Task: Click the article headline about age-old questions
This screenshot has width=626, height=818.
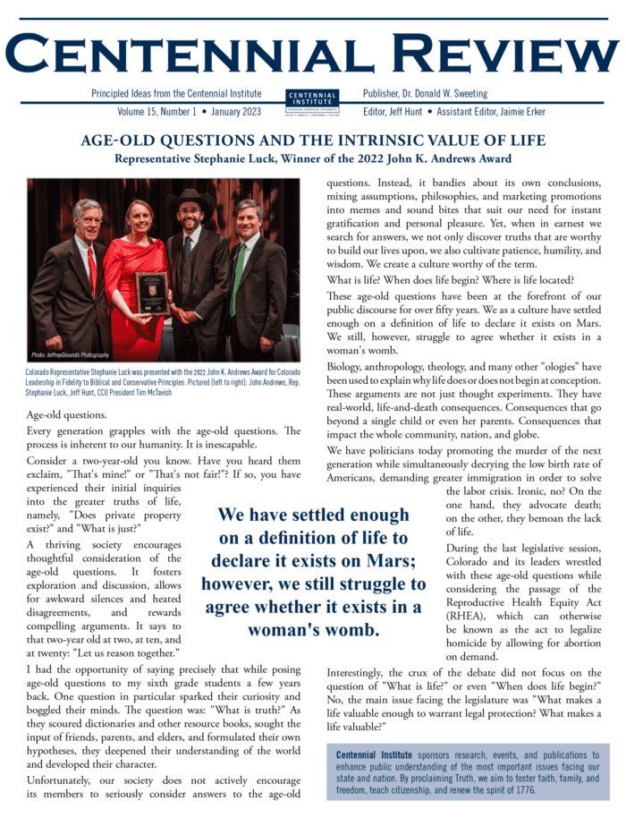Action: [x=312, y=141]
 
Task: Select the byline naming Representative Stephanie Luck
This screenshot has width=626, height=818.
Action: [x=312, y=158]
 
